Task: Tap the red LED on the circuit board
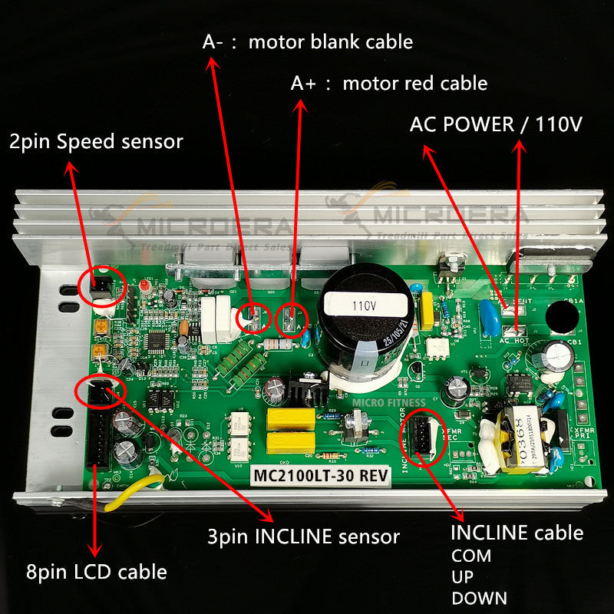point(144,286)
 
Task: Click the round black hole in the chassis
point(566,315)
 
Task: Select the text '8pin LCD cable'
point(96,572)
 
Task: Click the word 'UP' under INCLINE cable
point(462,576)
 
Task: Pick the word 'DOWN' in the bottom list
point(480,597)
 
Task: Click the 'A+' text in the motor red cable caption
point(303,83)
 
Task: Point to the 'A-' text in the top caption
point(213,42)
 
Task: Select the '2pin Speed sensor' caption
point(96,141)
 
